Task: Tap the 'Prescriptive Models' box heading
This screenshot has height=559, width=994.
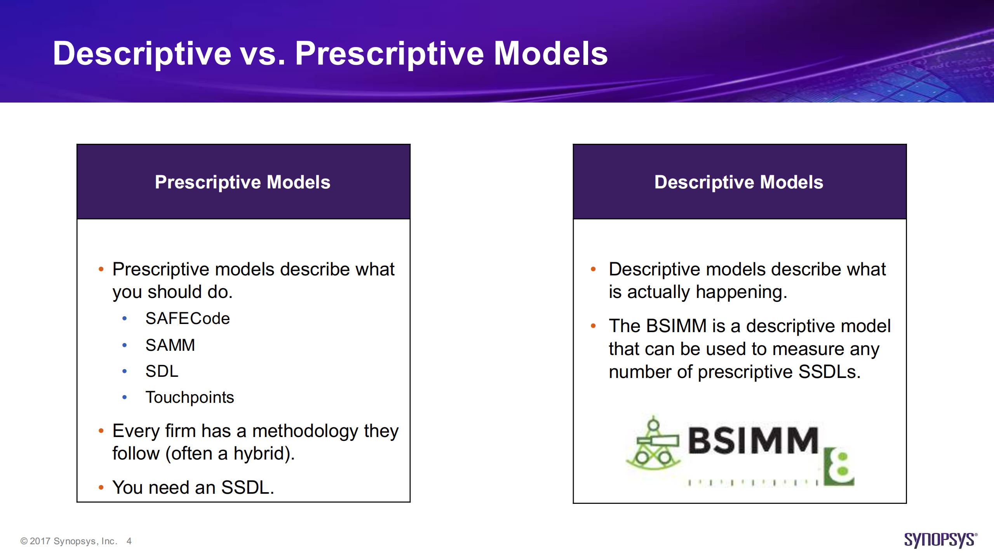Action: pos(243,182)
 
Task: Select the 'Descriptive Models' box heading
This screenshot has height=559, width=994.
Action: pos(739,182)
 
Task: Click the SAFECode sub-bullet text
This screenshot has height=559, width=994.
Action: pos(188,319)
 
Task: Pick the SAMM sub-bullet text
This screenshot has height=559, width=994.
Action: pos(170,345)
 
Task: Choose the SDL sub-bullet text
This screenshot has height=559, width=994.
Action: pos(162,371)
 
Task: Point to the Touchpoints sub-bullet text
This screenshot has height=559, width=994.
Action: pos(190,397)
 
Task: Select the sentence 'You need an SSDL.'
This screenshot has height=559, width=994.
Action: pos(193,488)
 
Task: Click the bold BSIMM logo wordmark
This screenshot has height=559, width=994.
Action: pos(753,441)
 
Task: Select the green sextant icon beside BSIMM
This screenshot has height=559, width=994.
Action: pos(653,442)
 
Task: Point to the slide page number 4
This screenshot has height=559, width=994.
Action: pos(129,541)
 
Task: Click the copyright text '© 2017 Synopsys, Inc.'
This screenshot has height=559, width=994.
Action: pos(69,541)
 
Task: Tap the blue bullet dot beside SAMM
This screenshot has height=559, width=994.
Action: pos(124,345)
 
